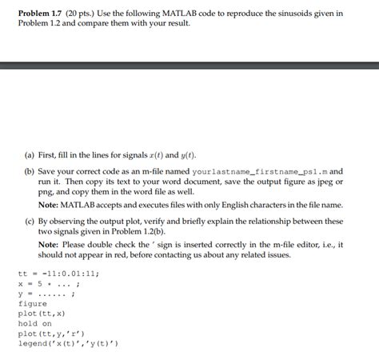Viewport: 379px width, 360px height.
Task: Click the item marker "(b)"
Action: point(31,171)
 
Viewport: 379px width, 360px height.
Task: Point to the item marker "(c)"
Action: point(31,220)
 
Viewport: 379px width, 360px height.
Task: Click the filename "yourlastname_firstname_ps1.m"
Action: point(255,171)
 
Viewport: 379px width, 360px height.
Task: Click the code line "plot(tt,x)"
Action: point(43,314)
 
